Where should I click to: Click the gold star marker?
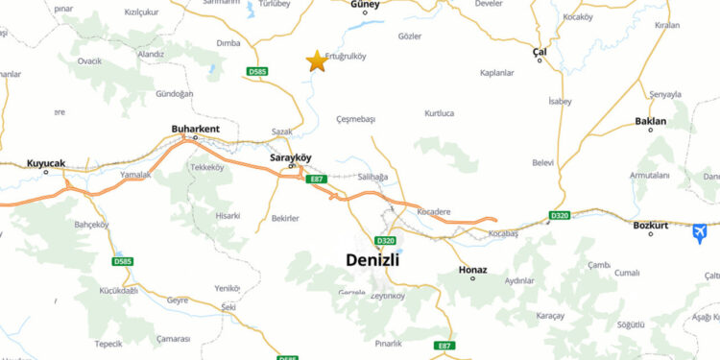click(x=316, y=60)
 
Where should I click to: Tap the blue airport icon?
click(x=700, y=233)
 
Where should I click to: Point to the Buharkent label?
click(x=195, y=129)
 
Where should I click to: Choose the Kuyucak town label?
click(x=46, y=163)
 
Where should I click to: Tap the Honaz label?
click(x=473, y=270)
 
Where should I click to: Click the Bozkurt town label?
click(x=651, y=226)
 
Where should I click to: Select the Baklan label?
click(x=650, y=122)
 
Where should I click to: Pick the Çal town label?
click(x=540, y=51)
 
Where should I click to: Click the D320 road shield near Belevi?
click(x=559, y=216)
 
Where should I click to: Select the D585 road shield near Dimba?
click(x=256, y=72)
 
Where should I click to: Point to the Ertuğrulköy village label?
click(x=347, y=55)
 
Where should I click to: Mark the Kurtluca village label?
click(x=439, y=113)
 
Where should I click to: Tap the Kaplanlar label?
click(x=497, y=73)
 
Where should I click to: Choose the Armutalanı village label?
click(x=649, y=176)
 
